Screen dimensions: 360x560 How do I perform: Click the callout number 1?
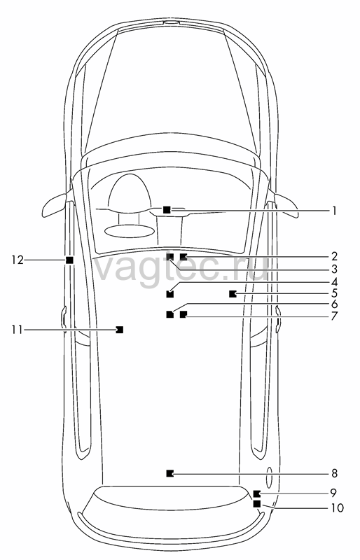point(334,211)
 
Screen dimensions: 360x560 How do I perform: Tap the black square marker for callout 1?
point(167,210)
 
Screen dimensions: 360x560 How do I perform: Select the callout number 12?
point(17,260)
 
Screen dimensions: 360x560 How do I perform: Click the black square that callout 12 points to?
point(70,260)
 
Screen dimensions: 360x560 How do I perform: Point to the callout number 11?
point(17,330)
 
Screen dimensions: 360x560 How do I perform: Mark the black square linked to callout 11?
point(120,330)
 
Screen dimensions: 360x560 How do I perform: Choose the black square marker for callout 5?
point(233,294)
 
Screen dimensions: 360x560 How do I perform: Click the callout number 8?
point(334,474)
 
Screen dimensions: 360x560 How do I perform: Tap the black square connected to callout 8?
point(170,474)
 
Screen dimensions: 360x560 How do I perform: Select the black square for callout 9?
point(256,494)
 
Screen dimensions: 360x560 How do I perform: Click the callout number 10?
point(337,507)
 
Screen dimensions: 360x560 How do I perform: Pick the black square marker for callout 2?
point(184,257)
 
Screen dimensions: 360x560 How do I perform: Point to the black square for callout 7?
point(184,314)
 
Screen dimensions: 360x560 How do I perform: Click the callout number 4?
point(334,282)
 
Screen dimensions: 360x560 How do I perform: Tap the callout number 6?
point(334,304)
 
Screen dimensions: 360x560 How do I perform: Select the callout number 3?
point(334,269)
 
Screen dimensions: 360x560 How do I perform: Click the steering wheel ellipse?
point(130,231)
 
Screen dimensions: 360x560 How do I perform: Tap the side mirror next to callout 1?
point(286,205)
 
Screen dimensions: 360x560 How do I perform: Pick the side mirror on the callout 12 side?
point(55,206)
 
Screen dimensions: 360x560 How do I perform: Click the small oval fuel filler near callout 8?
point(269,477)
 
